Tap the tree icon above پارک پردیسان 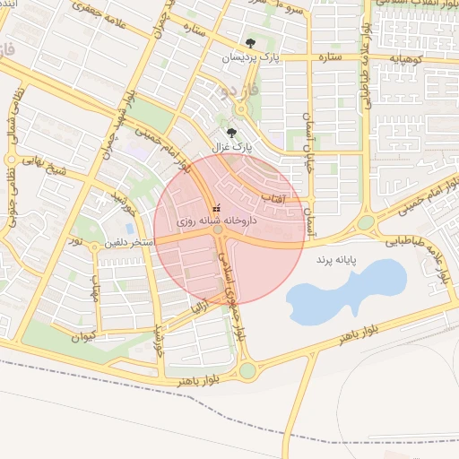coord(250,43)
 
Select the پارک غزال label coord(233,145)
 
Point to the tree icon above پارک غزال coord(233,132)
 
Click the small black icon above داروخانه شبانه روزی coord(215,208)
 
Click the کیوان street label coord(82,336)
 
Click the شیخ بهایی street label coord(40,165)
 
